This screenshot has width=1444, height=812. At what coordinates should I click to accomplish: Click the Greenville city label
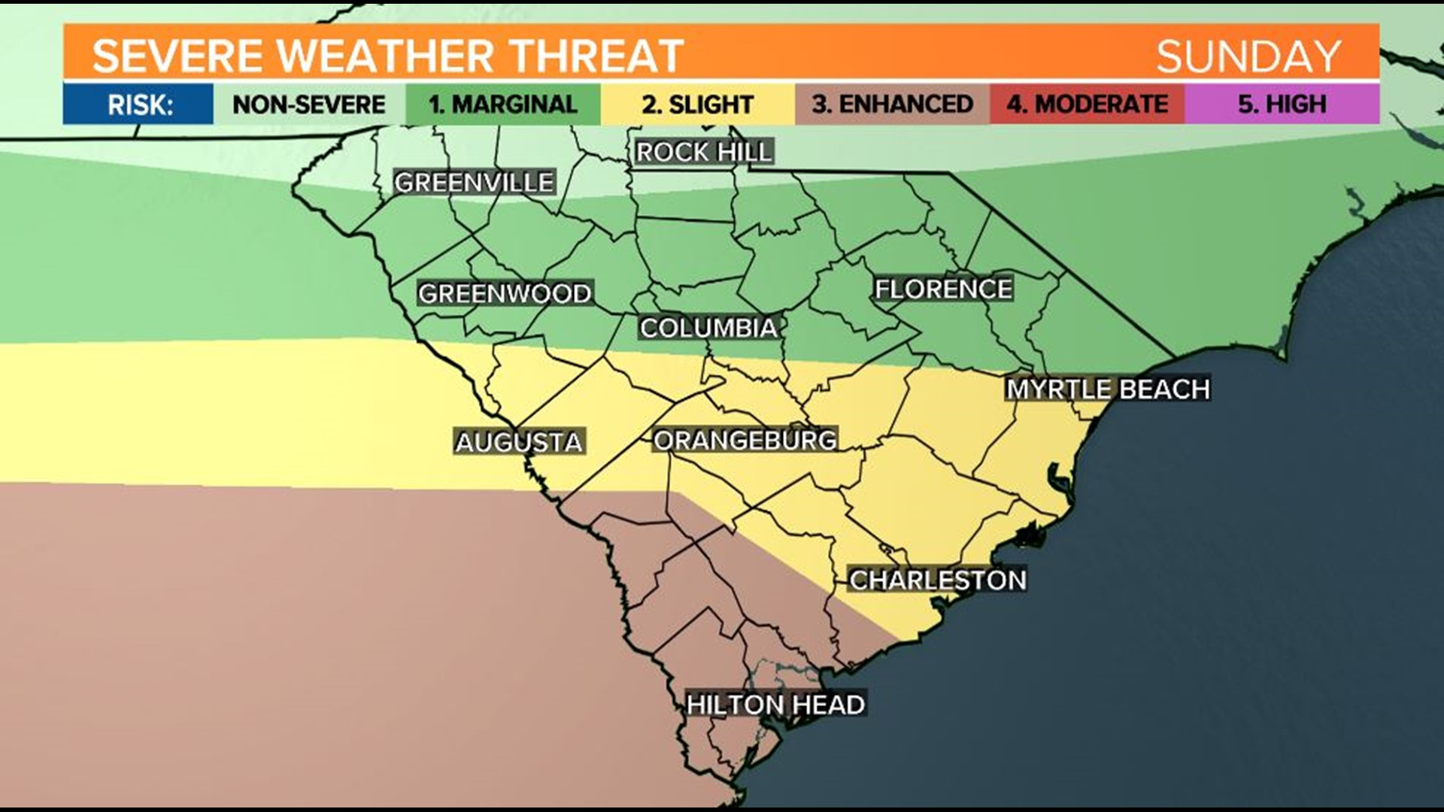pyautogui.click(x=475, y=183)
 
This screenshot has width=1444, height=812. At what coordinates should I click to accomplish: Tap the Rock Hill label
pyautogui.click(x=704, y=153)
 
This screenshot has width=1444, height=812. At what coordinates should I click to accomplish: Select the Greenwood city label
pyautogui.click(x=505, y=293)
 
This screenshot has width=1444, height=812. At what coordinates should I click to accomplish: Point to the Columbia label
pyautogui.click(x=708, y=328)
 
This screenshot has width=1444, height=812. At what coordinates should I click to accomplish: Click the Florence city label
pyautogui.click(x=943, y=289)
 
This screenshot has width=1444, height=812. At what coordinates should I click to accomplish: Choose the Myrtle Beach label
pyautogui.click(x=1108, y=389)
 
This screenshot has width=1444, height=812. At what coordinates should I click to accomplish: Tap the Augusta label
pyautogui.click(x=519, y=442)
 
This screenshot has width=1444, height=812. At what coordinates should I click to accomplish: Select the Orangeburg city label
pyautogui.click(x=745, y=440)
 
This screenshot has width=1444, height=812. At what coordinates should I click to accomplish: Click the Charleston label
pyautogui.click(x=938, y=580)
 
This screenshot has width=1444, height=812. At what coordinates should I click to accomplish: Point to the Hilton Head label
pyautogui.click(x=775, y=705)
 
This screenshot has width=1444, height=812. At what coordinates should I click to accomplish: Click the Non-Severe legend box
pyautogui.click(x=309, y=105)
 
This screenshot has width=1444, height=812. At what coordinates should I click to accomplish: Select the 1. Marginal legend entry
pyautogui.click(x=503, y=105)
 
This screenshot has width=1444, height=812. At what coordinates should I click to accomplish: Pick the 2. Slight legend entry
pyautogui.click(x=697, y=105)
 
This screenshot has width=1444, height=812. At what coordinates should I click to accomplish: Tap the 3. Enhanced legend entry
pyautogui.click(x=892, y=105)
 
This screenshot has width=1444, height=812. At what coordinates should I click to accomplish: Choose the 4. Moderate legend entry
pyautogui.click(x=1087, y=105)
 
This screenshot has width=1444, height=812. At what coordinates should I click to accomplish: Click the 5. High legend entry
pyautogui.click(x=1282, y=105)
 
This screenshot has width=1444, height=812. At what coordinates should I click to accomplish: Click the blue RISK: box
pyautogui.click(x=139, y=105)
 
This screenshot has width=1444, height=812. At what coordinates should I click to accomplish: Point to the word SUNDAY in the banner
pyautogui.click(x=1248, y=56)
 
